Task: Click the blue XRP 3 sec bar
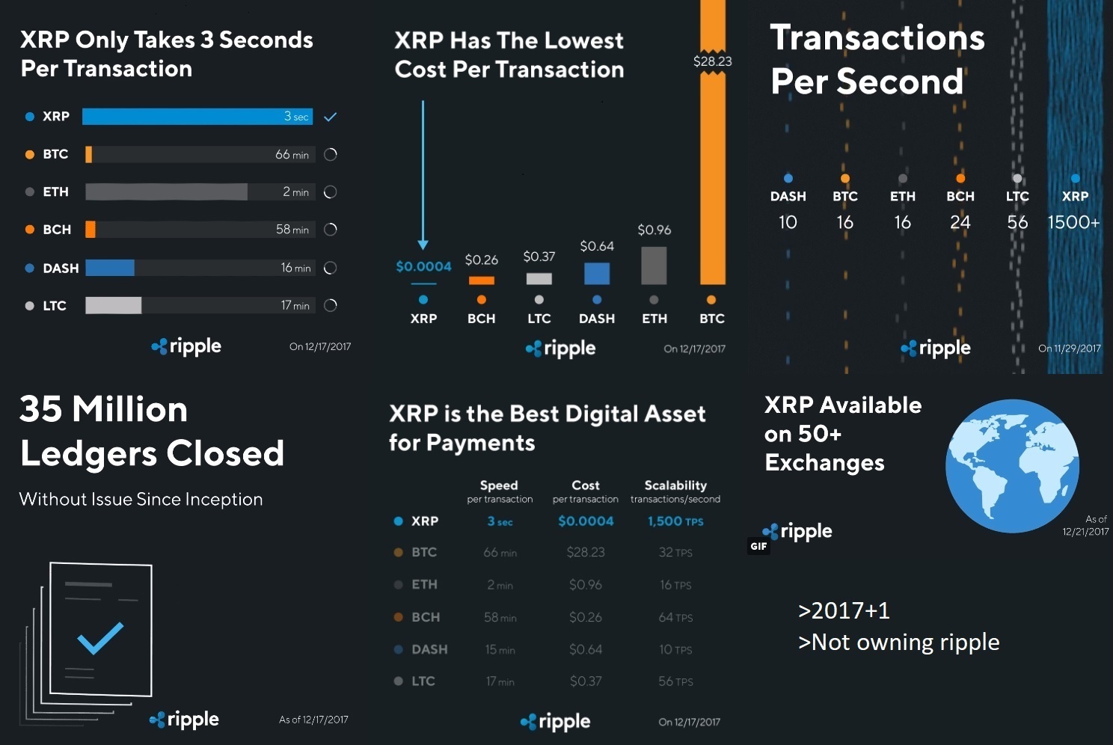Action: pos(197,117)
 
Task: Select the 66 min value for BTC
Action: pos(292,155)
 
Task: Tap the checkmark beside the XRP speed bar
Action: pos(331,117)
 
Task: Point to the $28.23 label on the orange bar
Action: pos(712,61)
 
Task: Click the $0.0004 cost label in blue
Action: pos(423,266)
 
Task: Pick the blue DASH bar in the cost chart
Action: pos(597,273)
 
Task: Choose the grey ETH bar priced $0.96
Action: pos(654,265)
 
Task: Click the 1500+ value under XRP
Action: pos(1073,222)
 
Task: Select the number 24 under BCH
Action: pos(960,222)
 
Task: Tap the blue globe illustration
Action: pos(1012,465)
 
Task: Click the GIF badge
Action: pos(758,546)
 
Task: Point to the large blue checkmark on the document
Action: pos(100,638)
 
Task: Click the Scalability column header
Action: pos(675,485)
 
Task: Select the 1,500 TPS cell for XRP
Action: pos(675,521)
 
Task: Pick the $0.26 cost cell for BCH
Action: pos(585,617)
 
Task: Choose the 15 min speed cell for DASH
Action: pos(500,649)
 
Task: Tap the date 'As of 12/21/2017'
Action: pos(1086,525)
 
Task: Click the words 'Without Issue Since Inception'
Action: pos(141,499)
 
